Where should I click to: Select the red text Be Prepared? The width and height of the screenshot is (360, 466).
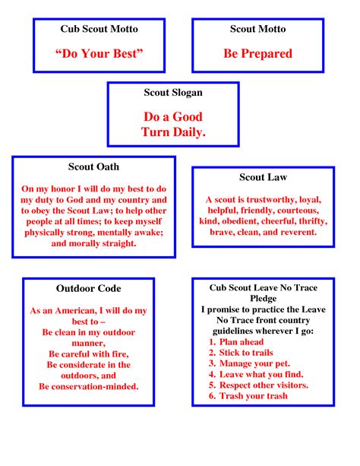point(257,54)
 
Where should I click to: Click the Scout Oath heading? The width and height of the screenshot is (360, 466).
point(93,167)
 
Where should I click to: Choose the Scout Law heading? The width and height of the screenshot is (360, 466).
point(263,178)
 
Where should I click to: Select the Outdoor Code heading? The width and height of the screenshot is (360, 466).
point(89,289)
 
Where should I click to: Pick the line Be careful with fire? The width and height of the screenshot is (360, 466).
point(89,354)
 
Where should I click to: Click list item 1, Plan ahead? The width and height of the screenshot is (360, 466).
point(239,343)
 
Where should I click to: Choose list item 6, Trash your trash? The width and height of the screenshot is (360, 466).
point(248,395)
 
